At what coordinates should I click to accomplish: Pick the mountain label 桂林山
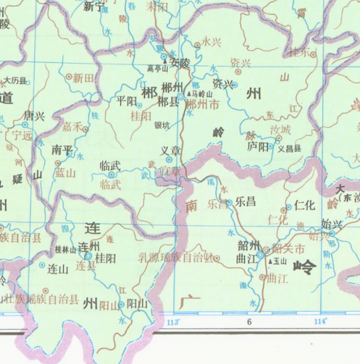pos(64,249)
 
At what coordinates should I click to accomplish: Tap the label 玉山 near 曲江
pos(280,262)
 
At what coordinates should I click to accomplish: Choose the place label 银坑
pos(162,125)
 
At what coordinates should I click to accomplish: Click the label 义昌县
pos(289,148)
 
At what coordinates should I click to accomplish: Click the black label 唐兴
pos(34,116)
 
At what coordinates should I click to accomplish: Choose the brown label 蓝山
pos(65,173)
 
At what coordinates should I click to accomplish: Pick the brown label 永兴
pos(212,42)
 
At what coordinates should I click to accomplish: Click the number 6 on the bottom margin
pos(248,322)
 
